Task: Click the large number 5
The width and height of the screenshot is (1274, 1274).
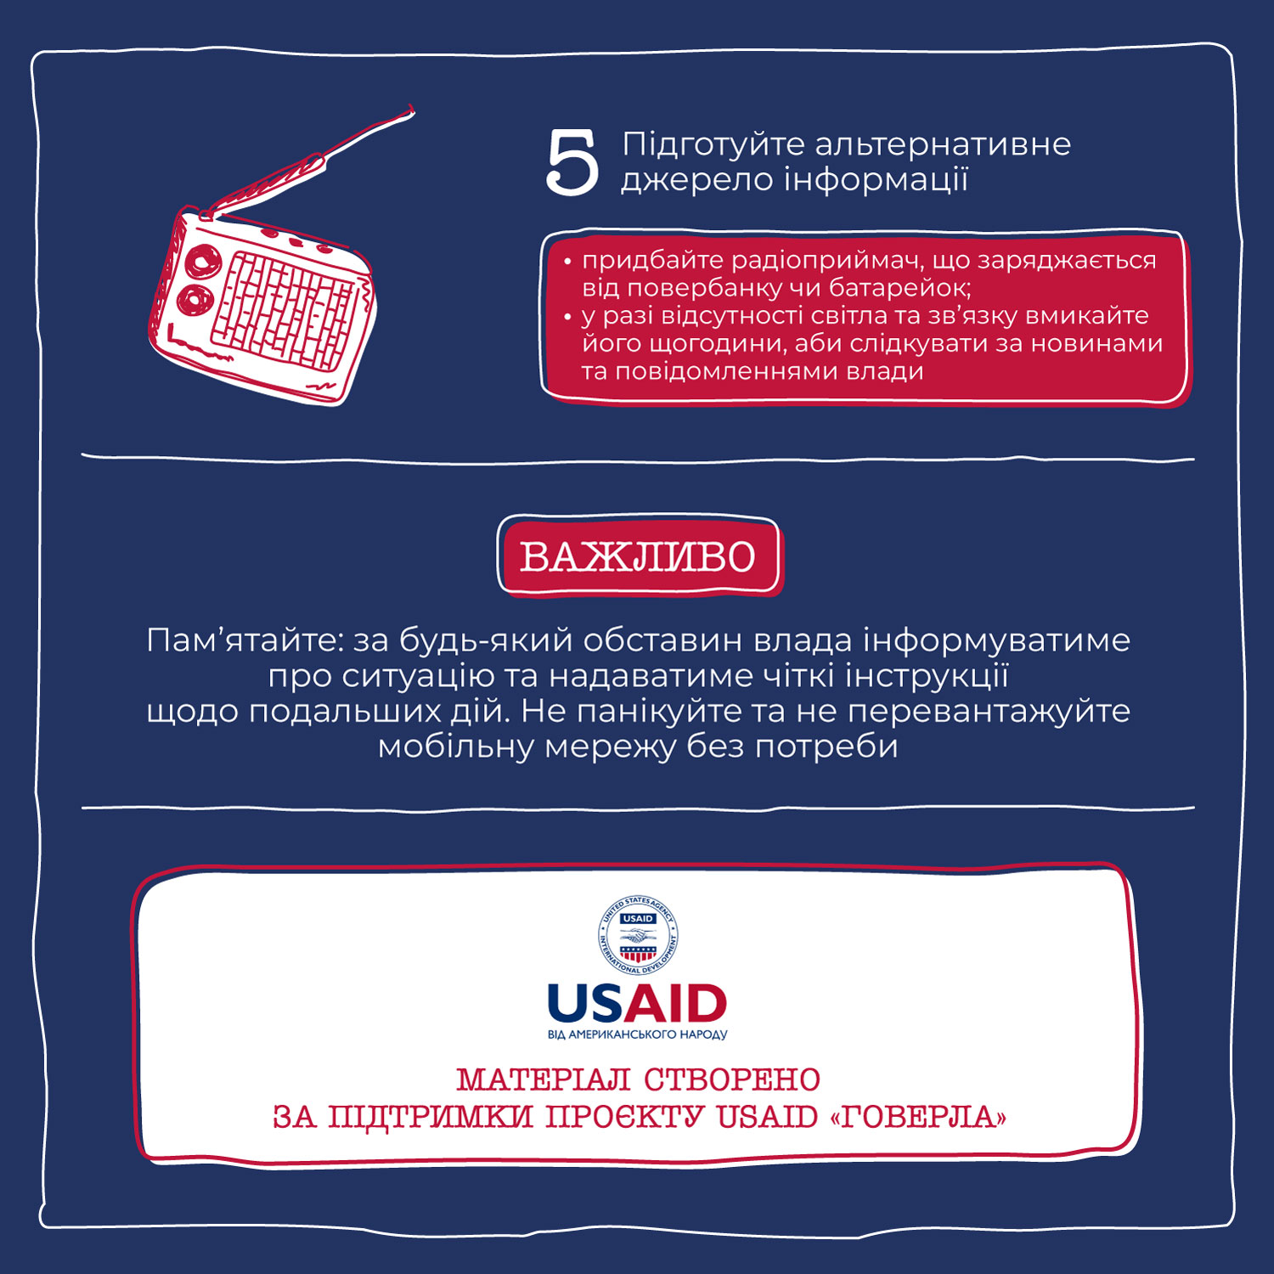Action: [x=572, y=163]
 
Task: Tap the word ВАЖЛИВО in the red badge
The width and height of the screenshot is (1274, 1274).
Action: [x=638, y=557]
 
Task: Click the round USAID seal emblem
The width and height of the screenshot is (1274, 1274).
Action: [x=638, y=935]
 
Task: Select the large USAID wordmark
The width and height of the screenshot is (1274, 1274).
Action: [x=638, y=1004]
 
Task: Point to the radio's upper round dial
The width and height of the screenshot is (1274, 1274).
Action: [x=202, y=260]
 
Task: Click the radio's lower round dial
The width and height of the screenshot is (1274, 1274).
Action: [x=193, y=299]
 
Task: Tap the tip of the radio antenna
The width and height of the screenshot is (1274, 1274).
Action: [x=412, y=108]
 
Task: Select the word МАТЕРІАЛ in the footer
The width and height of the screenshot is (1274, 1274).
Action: [x=543, y=1080]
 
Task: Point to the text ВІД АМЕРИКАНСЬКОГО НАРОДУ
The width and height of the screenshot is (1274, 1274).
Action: [x=638, y=1034]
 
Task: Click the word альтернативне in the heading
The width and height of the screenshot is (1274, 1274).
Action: [x=943, y=144]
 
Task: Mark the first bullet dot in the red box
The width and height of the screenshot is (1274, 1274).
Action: [x=567, y=262]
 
